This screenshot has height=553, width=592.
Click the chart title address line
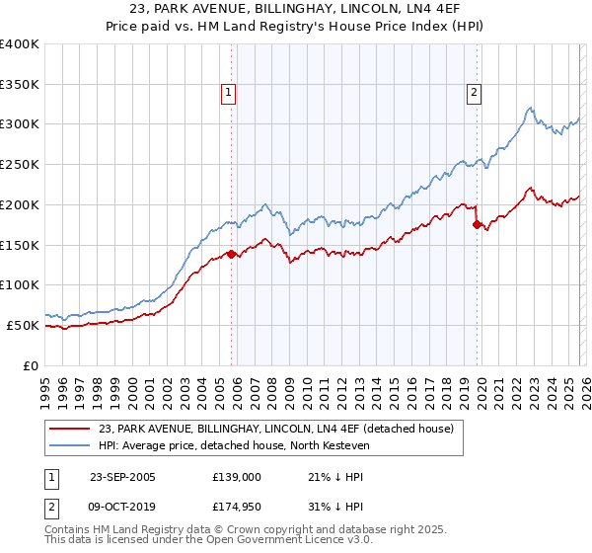pos(296,10)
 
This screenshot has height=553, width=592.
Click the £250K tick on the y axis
pos(20,164)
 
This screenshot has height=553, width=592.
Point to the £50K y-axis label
pos(23,325)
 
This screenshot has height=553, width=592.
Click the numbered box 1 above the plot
pos(228,93)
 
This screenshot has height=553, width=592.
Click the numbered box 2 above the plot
pos(474,93)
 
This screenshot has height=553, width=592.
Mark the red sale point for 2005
pos(232,254)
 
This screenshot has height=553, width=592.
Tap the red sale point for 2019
pos(478,225)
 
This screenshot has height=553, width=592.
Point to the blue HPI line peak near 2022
pos(530,108)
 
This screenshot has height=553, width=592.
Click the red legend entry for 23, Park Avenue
pos(275,429)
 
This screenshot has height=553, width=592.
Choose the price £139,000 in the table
pos(236,477)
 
